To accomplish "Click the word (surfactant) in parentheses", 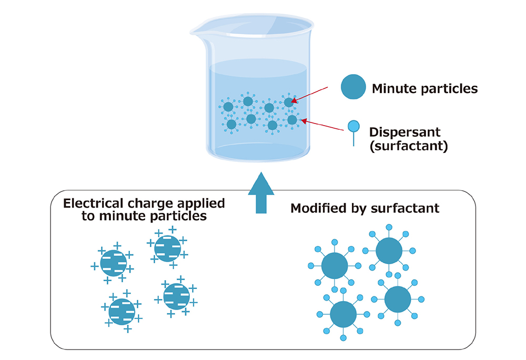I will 409,146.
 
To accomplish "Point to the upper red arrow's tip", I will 291,101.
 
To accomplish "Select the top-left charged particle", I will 113,262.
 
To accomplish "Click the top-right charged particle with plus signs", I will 167,248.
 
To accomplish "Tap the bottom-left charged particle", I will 122,311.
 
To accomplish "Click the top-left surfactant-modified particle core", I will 335,266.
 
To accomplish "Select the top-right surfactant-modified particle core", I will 389,250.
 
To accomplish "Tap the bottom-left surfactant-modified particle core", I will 343,315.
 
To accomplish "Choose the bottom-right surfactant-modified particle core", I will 398,300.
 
